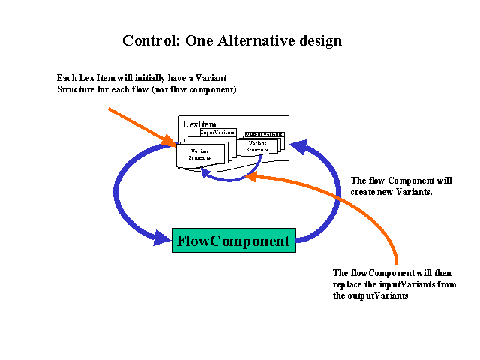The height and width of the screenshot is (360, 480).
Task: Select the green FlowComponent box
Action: point(233,241)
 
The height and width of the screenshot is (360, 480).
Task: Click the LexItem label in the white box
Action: point(196,123)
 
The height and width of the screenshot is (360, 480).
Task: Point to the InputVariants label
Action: point(217,133)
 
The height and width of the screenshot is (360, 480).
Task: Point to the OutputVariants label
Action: point(263,134)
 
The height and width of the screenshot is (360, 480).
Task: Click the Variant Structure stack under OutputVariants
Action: point(257,146)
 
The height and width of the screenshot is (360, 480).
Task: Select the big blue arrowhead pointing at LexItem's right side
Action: point(298,147)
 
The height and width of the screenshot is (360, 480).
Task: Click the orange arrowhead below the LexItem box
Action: point(254,177)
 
